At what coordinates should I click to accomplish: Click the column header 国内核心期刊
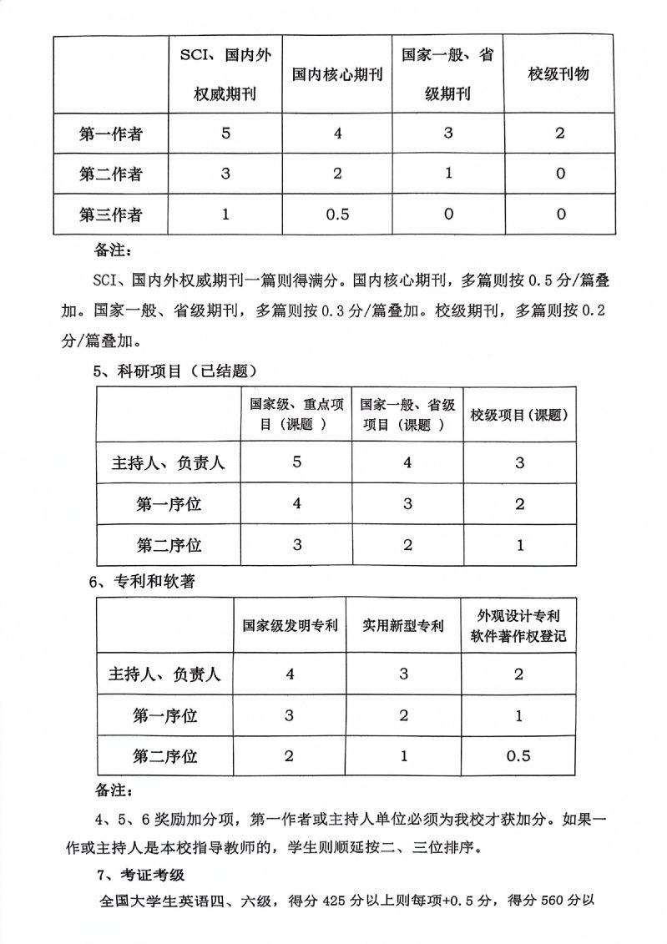337,74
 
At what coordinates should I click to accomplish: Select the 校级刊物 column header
558,74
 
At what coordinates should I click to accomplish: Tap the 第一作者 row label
110,133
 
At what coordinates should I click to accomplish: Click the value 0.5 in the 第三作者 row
337,215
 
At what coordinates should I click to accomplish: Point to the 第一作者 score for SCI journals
225,133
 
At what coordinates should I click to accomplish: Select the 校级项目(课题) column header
519,415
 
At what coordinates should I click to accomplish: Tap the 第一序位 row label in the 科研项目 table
169,503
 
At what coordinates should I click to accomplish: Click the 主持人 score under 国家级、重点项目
296,462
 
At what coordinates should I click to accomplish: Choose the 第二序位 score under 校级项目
519,545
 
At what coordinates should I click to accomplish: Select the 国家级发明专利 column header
290,625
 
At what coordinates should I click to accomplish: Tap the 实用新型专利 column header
403,625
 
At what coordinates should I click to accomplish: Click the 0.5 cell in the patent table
519,756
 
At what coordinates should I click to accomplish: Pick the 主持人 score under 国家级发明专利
290,674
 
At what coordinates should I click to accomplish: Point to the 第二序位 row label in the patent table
165,756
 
